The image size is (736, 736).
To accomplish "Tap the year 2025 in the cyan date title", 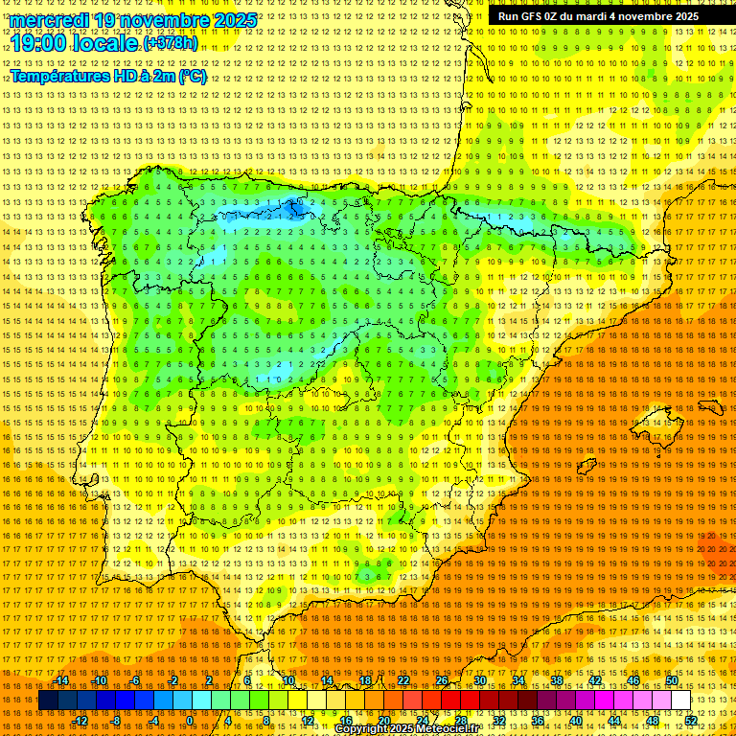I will pyautogui.click(x=234, y=20).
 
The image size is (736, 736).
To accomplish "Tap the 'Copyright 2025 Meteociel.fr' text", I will pyautogui.click(x=406, y=729).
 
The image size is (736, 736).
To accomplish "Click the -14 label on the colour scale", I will pyautogui.click(x=62, y=680).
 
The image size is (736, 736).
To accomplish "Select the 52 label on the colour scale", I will pyautogui.click(x=691, y=720).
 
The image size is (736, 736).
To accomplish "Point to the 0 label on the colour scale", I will pyautogui.click(x=190, y=720).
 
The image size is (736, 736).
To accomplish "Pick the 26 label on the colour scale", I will pyautogui.click(x=442, y=680).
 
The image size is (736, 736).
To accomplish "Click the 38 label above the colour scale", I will pyautogui.click(x=557, y=680).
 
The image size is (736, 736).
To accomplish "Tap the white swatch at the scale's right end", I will pyautogui.click(x=681, y=701).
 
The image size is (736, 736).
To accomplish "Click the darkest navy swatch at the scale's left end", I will pyautogui.click(x=48, y=701).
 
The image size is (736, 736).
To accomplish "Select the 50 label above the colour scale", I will pyautogui.click(x=672, y=680).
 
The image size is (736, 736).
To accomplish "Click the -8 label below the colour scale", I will pyautogui.click(x=117, y=720).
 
